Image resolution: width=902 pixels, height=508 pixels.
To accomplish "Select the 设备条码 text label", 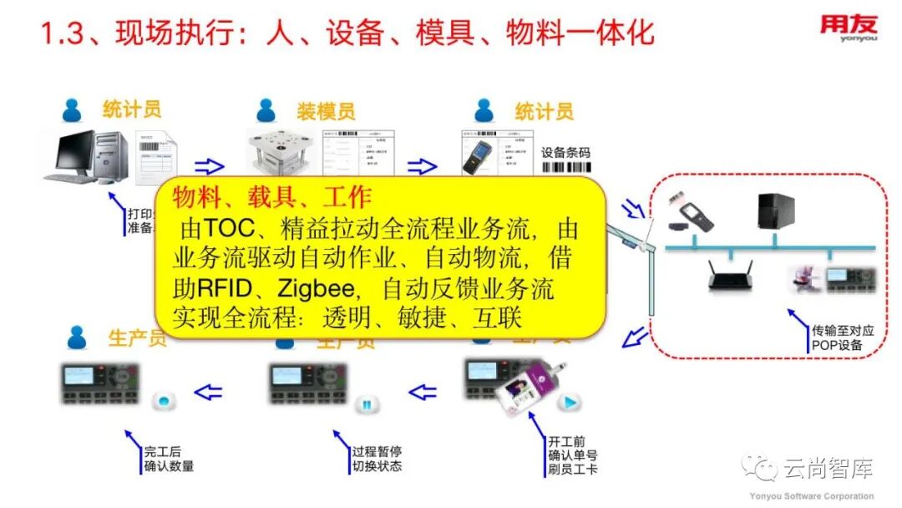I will pos(565,153).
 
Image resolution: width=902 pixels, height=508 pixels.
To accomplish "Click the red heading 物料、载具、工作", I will pos(272,197).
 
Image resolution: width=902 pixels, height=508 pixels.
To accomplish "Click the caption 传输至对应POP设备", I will pos(843,338).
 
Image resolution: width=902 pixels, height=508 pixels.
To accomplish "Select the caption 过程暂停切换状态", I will pos(377,459).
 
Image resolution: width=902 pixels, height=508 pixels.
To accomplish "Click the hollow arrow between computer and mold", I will pos(210,165).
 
